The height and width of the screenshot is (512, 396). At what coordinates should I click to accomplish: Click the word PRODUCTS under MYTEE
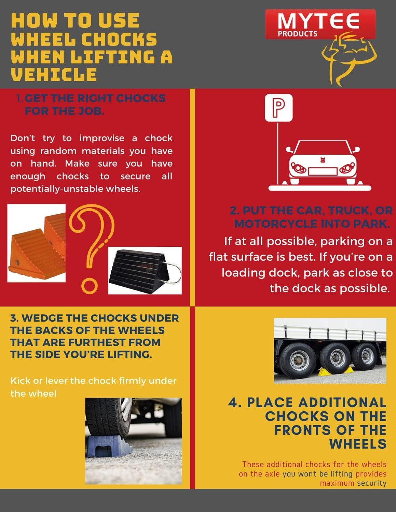pyautogui.click(x=298, y=34)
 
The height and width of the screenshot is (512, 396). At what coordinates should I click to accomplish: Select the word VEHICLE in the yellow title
pyautogui.click(x=54, y=74)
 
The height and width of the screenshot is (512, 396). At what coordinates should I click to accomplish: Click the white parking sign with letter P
pyautogui.click(x=279, y=108)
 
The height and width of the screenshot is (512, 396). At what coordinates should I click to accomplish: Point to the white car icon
pyautogui.click(x=323, y=162)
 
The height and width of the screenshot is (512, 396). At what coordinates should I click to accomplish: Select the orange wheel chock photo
pyautogui.click(x=36, y=243)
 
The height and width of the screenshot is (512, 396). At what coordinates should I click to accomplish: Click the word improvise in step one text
pyautogui.click(x=102, y=138)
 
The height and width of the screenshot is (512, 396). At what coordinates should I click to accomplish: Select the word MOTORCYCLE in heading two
pyautogui.click(x=276, y=224)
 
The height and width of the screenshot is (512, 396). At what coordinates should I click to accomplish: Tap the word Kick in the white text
pyautogui.click(x=20, y=381)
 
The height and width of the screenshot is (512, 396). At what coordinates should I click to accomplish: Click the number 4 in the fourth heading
pyautogui.click(x=233, y=403)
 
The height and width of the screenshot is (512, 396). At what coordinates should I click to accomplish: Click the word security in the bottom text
pyautogui.click(x=372, y=483)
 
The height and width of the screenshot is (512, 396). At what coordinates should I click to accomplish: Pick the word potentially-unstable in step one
pyautogui.click(x=57, y=189)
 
